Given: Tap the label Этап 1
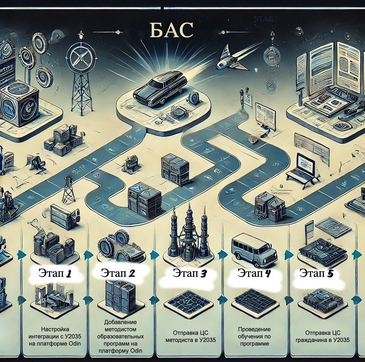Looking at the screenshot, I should pyautogui.click(x=55, y=274).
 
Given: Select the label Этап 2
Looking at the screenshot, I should pyautogui.click(x=118, y=274).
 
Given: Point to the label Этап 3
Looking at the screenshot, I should pyautogui.click(x=190, y=274).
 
